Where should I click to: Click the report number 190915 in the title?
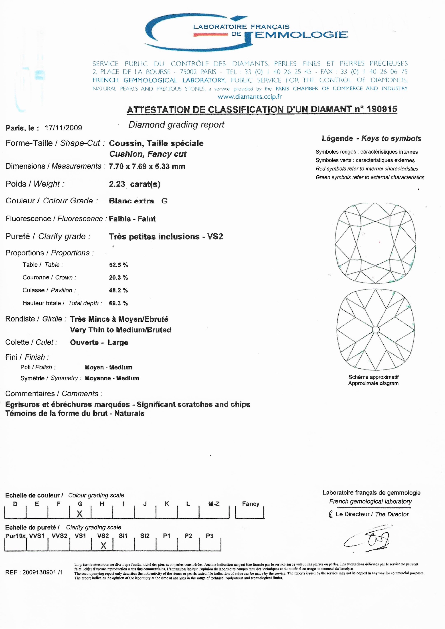(x=382, y=109)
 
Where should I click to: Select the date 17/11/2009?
(x=63, y=128)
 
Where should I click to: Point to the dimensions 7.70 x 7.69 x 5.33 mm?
(x=147, y=166)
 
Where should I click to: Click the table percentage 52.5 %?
(x=118, y=265)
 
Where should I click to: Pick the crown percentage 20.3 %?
(x=118, y=278)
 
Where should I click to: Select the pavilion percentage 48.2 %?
(x=118, y=290)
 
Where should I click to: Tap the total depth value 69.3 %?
(x=118, y=303)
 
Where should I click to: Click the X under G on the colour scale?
(x=79, y=514)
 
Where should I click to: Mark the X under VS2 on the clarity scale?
(x=103, y=546)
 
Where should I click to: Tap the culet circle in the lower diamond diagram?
(x=376, y=329)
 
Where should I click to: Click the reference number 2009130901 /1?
(x=42, y=572)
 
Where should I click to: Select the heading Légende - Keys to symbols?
(x=371, y=138)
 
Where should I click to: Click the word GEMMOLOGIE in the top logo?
(x=296, y=35)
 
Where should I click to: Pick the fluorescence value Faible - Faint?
(x=132, y=219)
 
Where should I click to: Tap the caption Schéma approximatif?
(x=374, y=377)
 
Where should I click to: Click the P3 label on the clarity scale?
(x=210, y=536)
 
